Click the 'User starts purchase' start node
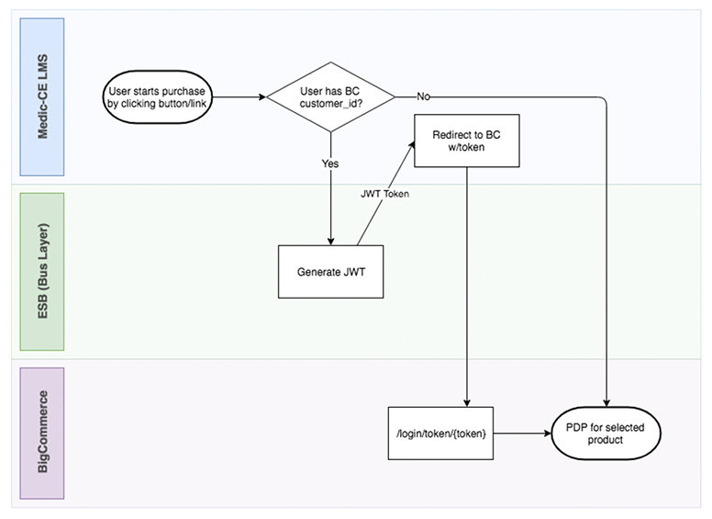[155, 96]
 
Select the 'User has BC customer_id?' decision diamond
[329, 96]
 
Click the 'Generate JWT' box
[329, 272]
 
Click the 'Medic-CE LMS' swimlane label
[42, 96]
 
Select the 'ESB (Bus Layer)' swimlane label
[42, 270]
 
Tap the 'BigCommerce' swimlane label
[42, 432]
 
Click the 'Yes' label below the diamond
[329, 163]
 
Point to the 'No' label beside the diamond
[424, 96]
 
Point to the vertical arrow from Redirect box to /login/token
[467, 285]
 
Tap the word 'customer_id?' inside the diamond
[329, 104]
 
